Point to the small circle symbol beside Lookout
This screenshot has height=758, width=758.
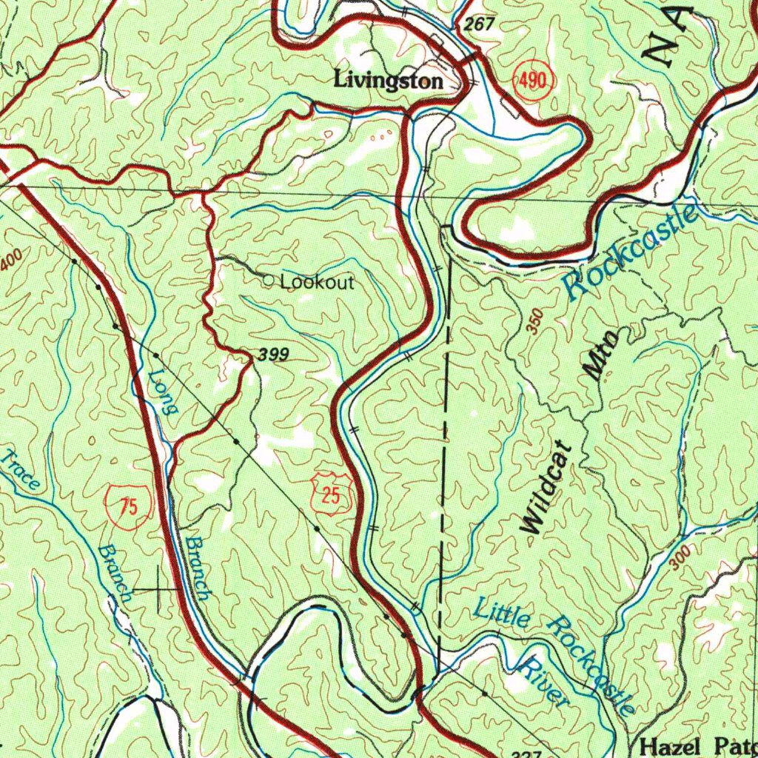[x=269, y=281]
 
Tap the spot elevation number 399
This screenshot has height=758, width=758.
[x=273, y=355]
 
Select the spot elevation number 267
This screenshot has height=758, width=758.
[x=480, y=25]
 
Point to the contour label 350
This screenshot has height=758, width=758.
[x=536, y=322]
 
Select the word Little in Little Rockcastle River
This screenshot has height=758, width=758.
[x=501, y=613]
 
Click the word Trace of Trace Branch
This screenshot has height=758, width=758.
[x=21, y=470]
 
